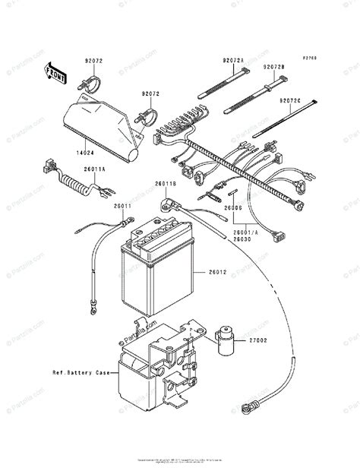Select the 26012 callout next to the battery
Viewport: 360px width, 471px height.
click(218, 273)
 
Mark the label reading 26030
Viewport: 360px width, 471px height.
click(241, 239)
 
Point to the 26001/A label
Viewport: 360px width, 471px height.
click(245, 232)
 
